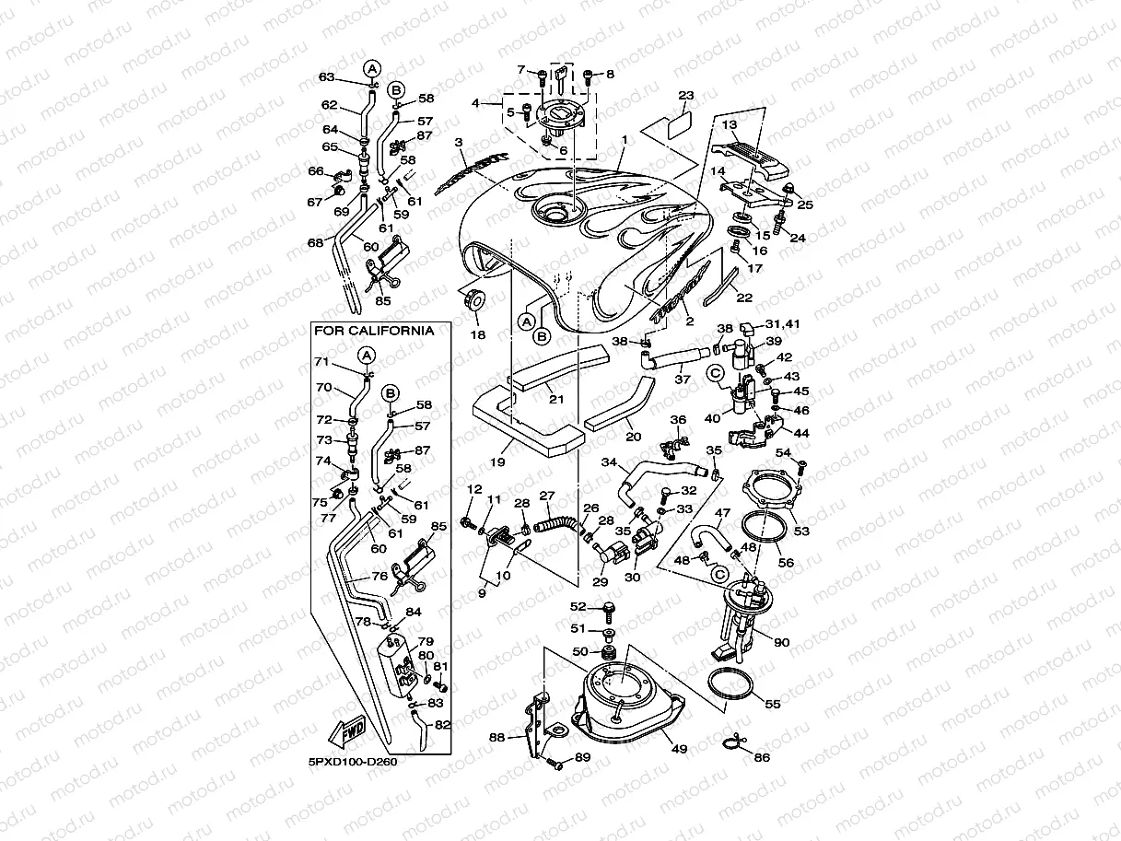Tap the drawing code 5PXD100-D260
(353, 762)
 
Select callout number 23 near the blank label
(685, 95)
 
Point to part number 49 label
(679, 749)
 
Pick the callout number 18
(477, 334)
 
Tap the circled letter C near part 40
(715, 373)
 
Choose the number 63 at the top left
(326, 77)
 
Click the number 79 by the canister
(426, 641)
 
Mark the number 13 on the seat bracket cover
(730, 124)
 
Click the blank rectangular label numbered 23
(679, 120)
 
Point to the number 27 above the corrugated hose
(545, 495)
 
